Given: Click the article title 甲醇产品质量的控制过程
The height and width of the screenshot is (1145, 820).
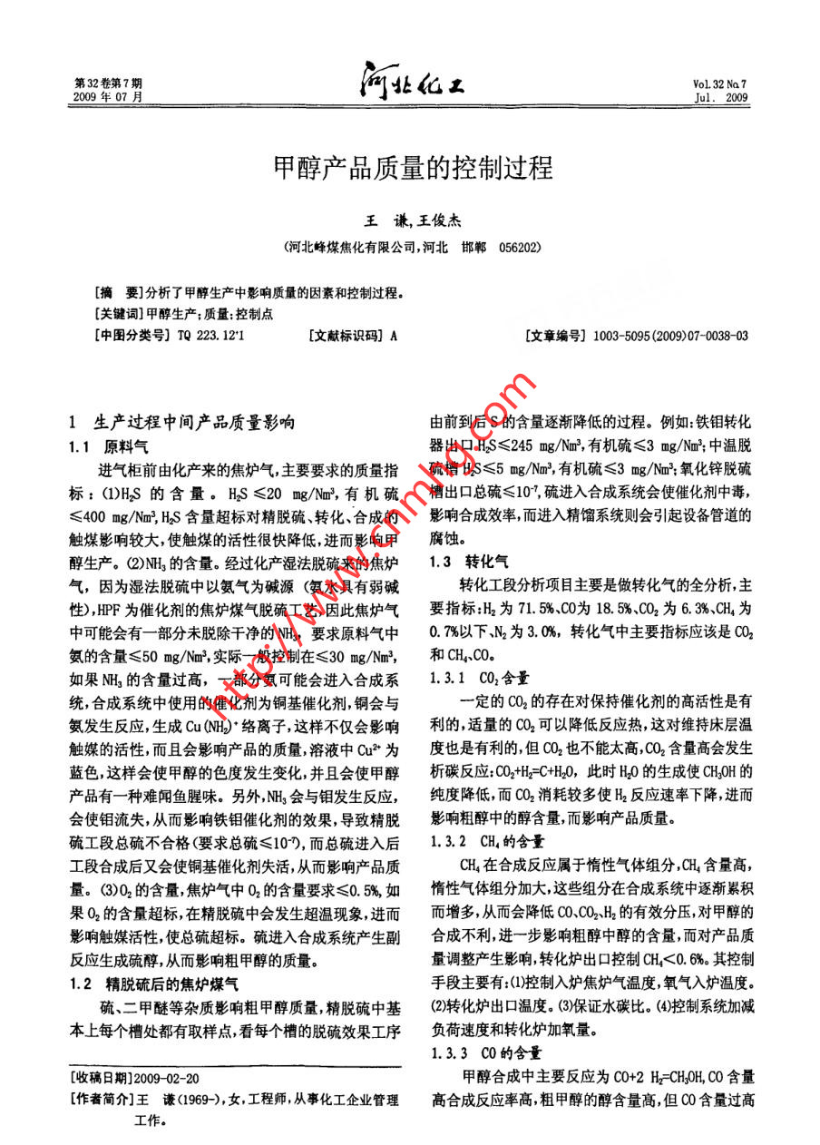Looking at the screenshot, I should click(x=413, y=168).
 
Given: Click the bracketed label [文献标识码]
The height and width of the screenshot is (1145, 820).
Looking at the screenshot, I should click(x=347, y=336).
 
